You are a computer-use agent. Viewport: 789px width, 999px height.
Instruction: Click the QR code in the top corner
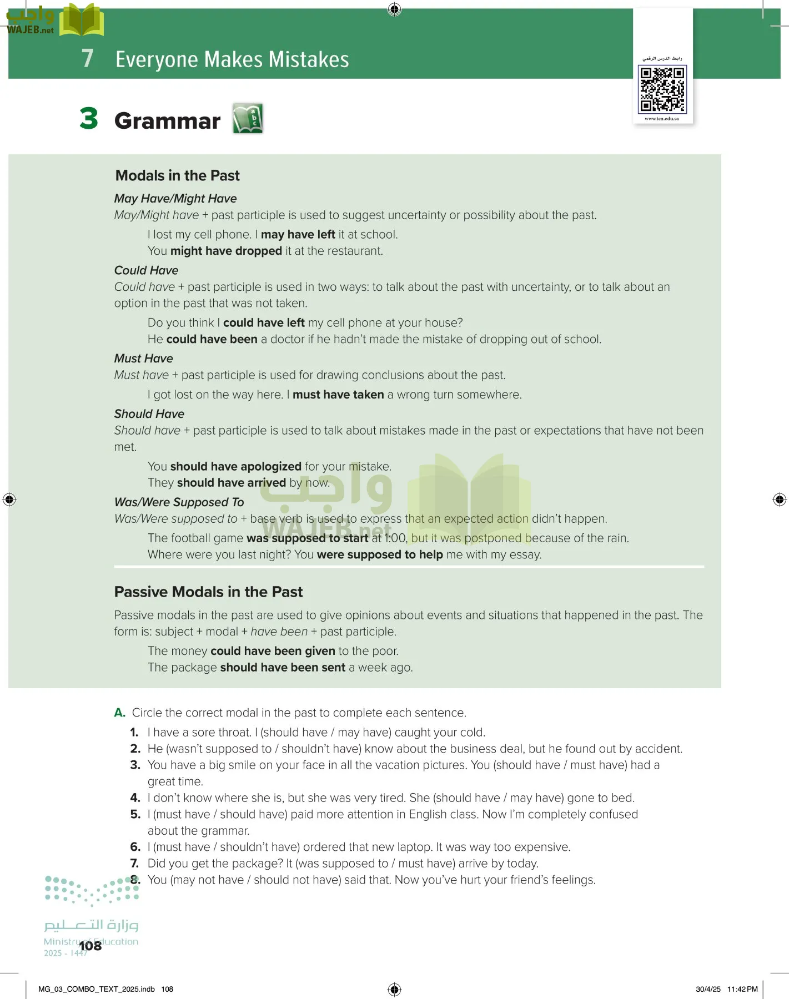point(662,89)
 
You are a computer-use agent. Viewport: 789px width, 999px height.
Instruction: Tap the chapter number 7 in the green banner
point(87,59)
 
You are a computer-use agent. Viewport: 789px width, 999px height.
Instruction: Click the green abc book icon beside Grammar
point(248,118)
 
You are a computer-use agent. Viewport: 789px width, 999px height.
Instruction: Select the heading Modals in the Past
point(177,175)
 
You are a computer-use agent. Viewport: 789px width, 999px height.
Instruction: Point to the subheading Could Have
point(146,270)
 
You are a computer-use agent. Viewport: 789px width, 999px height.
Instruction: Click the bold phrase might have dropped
point(226,251)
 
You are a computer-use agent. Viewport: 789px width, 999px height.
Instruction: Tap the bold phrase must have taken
point(338,395)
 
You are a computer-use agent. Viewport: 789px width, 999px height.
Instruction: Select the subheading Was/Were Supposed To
point(179,502)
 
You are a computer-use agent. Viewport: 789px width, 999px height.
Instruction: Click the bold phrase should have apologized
point(235,466)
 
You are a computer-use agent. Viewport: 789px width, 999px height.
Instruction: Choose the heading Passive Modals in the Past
point(208,592)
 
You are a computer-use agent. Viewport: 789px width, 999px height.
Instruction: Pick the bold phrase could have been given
point(273,651)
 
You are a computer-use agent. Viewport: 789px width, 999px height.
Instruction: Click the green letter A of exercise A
point(119,713)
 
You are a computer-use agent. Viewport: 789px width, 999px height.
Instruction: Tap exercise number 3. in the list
point(135,765)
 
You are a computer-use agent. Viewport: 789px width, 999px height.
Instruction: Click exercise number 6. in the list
point(135,847)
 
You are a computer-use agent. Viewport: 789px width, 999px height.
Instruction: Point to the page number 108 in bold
point(91,946)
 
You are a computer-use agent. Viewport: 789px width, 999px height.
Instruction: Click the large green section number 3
point(89,119)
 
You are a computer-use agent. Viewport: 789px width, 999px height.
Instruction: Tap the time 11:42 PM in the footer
point(742,989)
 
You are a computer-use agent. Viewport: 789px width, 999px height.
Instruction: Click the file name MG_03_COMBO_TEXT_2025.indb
point(97,989)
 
